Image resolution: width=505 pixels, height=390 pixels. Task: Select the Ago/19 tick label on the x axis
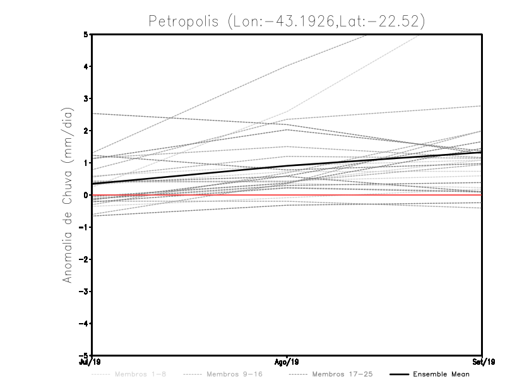tap(287, 362)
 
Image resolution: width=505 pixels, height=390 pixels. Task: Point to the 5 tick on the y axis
tap(86, 34)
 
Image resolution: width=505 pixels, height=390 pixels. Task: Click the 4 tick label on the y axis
tap(86, 66)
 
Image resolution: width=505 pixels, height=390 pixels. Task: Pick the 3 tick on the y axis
tap(86, 98)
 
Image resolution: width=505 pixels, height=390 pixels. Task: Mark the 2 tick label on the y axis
tap(86, 131)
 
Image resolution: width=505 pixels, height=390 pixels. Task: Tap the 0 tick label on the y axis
tap(86, 195)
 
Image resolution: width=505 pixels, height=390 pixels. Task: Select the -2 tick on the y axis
tap(84, 259)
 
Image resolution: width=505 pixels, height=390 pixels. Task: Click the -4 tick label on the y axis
tap(84, 323)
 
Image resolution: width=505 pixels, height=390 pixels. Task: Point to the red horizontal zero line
tap(379, 195)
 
